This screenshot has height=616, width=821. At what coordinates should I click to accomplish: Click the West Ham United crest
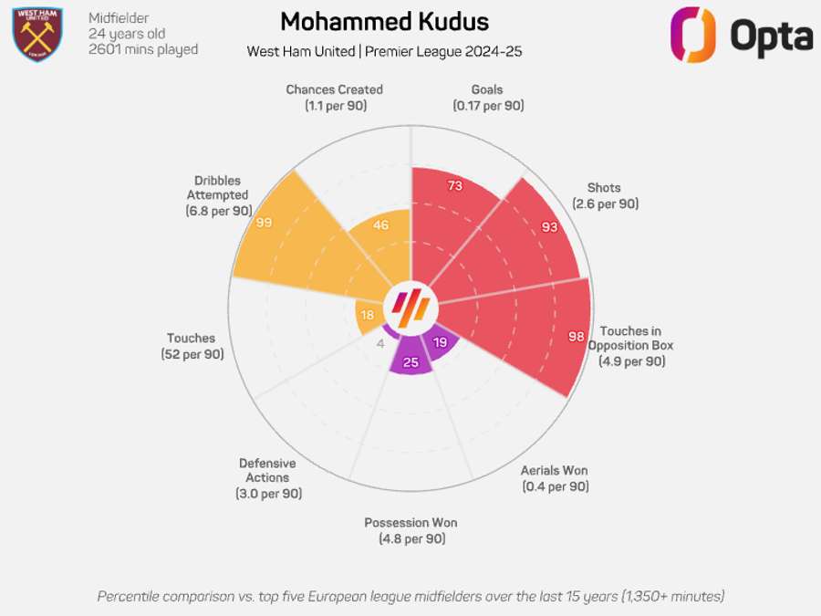(x=37, y=34)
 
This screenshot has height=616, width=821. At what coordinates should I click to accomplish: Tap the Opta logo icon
(x=692, y=35)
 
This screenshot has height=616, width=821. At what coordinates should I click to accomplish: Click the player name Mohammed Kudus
(x=384, y=22)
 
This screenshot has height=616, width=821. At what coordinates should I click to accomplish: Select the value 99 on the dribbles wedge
(x=265, y=223)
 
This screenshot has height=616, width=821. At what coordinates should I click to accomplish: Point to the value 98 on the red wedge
(x=576, y=337)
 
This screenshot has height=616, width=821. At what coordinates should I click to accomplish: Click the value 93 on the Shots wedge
(x=549, y=226)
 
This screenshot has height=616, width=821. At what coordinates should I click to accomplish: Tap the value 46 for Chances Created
(x=381, y=225)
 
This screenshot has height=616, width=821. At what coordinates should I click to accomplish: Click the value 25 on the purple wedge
(x=410, y=362)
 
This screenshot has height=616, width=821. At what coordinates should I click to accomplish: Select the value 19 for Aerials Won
(x=440, y=343)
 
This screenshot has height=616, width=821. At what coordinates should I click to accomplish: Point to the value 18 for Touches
(x=367, y=315)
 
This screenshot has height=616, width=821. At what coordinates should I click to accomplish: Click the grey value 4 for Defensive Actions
(x=380, y=343)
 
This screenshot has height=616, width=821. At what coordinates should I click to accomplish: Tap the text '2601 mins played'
(x=143, y=49)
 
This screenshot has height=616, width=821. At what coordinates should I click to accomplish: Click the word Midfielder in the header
(x=119, y=18)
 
